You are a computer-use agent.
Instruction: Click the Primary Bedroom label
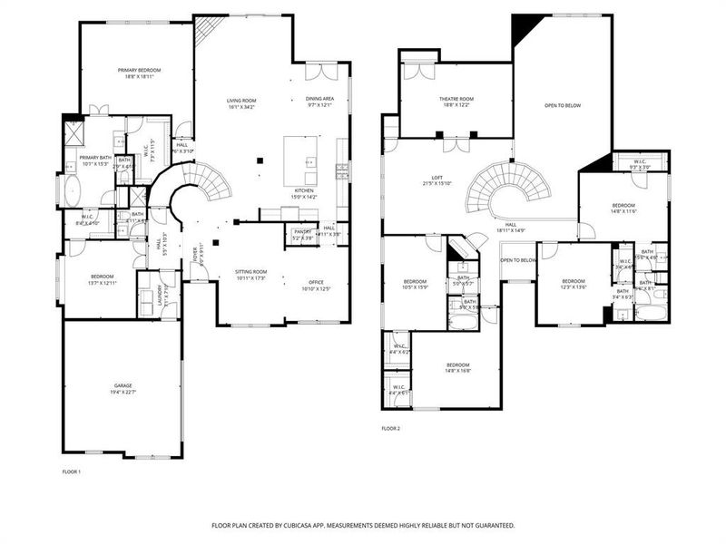139,70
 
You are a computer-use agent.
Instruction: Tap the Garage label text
123,385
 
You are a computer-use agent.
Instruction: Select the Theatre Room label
456,99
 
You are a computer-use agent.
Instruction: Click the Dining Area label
319,99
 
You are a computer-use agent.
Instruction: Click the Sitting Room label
250,271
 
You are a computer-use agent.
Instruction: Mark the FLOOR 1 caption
72,472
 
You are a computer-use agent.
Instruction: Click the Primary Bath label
82,158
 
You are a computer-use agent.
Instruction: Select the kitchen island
301,160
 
